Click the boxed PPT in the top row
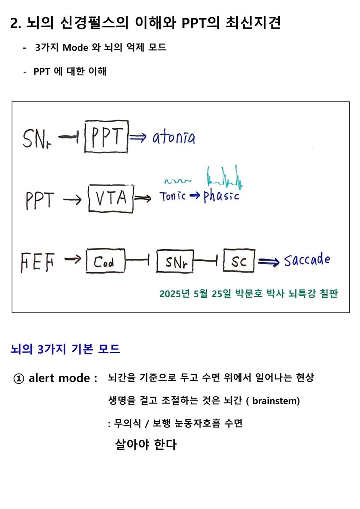click(x=106, y=137)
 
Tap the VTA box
click(x=111, y=198)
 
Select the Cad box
click(x=105, y=261)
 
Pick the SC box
click(x=239, y=261)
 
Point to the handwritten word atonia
click(x=174, y=138)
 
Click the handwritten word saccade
click(x=307, y=261)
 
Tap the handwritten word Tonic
click(x=173, y=196)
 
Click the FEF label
click(x=37, y=262)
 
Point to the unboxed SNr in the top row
click(x=37, y=138)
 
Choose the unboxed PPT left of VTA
click(x=40, y=200)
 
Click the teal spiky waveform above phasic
click(x=224, y=177)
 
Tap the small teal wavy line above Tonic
click(x=178, y=181)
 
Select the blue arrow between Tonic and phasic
click(x=194, y=196)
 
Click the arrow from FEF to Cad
click(x=73, y=260)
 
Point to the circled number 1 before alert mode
click(x=19, y=379)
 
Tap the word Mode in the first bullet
click(x=75, y=47)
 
